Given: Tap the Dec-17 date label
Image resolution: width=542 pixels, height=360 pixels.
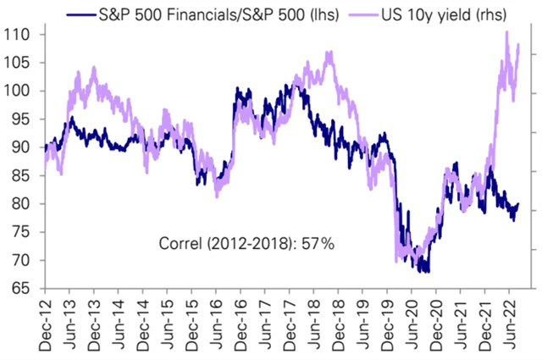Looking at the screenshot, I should click(x=289, y=327).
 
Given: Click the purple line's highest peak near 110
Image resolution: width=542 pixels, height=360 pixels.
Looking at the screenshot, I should click(x=507, y=32).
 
